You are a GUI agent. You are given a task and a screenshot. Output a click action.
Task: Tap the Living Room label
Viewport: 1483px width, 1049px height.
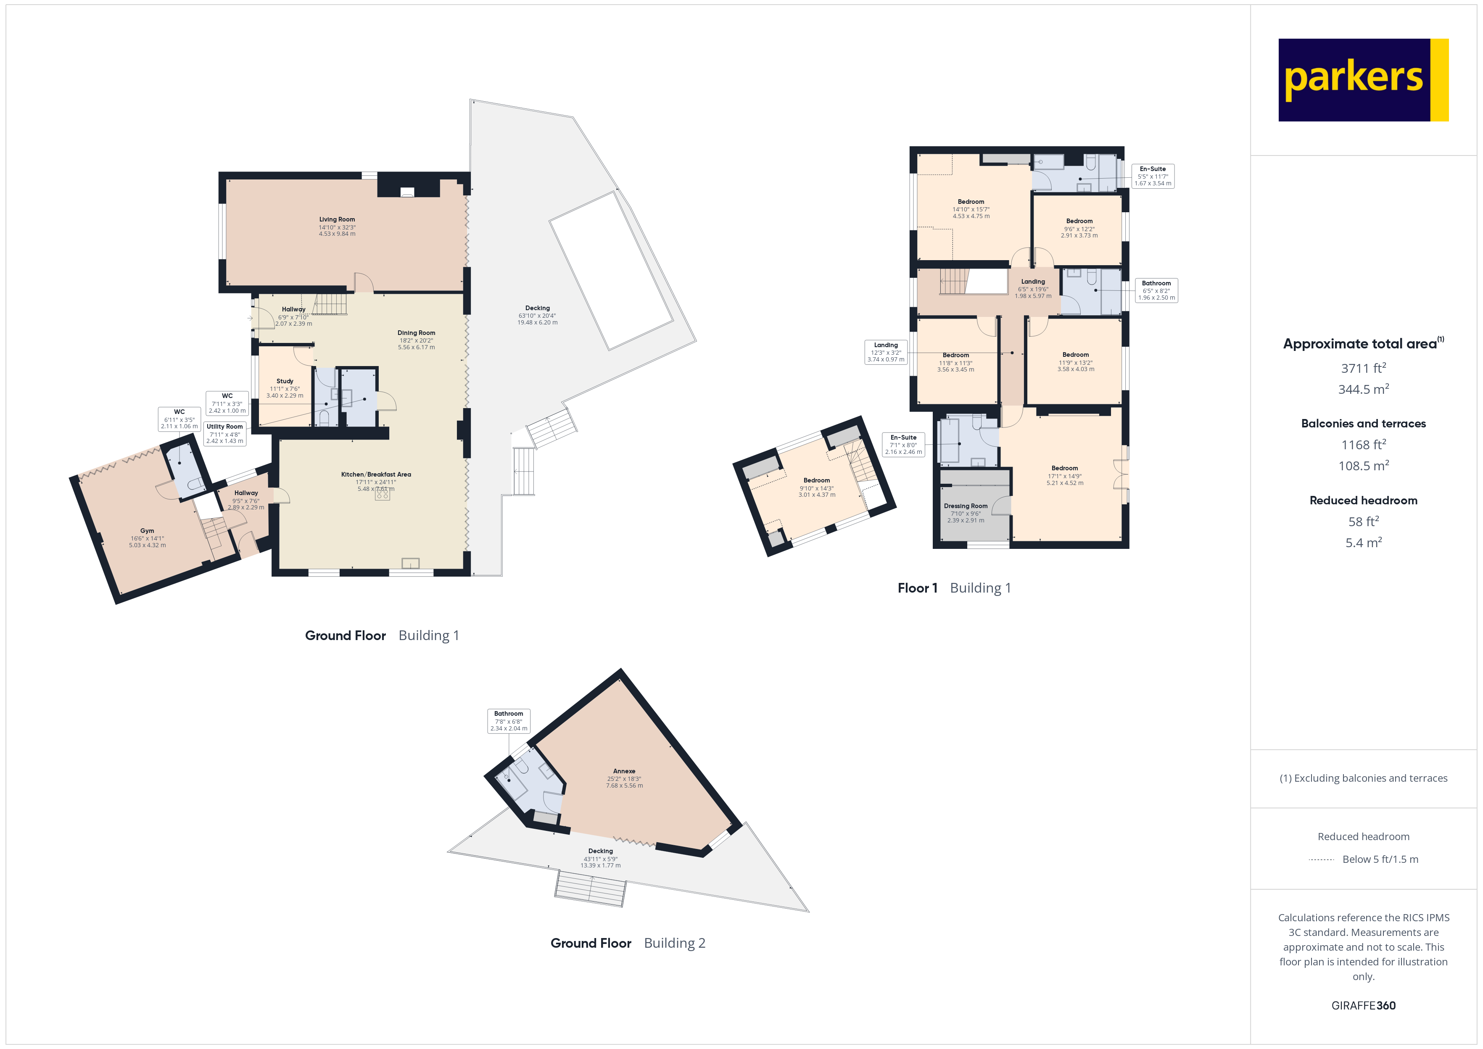[x=337, y=220]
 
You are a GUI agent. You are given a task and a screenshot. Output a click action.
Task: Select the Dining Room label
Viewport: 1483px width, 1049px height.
[x=416, y=333]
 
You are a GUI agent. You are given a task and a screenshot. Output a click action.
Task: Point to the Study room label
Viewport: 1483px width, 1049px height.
[x=285, y=382]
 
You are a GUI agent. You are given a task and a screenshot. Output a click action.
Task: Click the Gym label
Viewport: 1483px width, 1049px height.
[x=147, y=531]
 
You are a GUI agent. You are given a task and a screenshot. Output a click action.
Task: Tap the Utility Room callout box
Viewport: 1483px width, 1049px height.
[x=225, y=433]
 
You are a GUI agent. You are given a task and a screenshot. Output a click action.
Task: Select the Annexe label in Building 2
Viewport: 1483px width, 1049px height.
[x=624, y=771]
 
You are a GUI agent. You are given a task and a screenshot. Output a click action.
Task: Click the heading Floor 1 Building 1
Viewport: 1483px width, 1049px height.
[x=954, y=588]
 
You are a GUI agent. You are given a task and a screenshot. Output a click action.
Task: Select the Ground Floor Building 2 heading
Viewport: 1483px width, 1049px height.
[x=627, y=943]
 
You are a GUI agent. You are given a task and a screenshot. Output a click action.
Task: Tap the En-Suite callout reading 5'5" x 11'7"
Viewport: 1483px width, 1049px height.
[x=1153, y=176]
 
